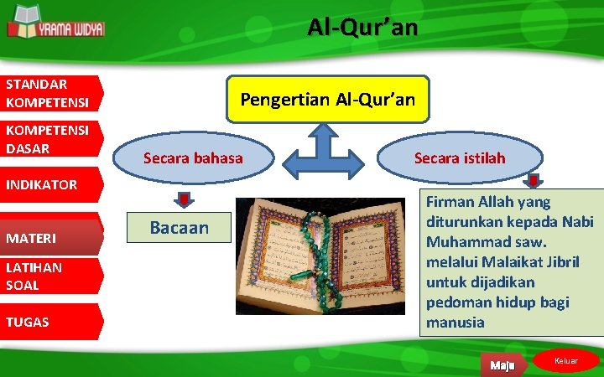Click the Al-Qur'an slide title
point(362,28)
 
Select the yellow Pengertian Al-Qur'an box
point(327,100)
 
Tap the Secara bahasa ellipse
point(193,158)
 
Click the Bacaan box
point(179,228)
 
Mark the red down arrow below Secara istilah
point(534,182)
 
